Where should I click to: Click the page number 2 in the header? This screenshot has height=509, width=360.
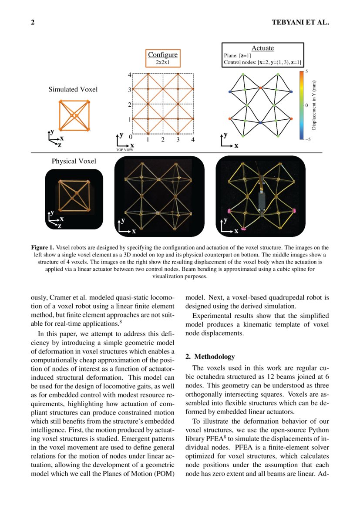point(33,22)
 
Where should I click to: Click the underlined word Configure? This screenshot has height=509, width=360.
point(163,54)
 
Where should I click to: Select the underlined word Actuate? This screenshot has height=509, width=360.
point(262,48)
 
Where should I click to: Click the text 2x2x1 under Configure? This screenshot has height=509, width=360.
point(163,62)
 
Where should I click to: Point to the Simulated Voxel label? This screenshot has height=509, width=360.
point(73,89)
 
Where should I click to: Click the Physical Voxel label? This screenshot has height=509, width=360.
point(74,161)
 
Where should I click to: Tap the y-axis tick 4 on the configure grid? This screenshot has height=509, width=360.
point(129,75)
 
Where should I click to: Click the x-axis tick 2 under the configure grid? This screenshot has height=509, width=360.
point(163,140)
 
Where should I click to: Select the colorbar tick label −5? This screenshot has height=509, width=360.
point(307,140)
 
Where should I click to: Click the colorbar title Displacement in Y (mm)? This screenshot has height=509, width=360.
point(314,104)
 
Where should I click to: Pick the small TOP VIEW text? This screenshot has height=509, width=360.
point(124,149)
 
